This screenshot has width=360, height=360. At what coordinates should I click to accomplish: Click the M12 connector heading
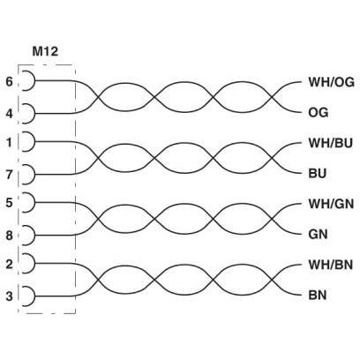(45, 51)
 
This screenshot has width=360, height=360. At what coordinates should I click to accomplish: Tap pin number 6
(10, 81)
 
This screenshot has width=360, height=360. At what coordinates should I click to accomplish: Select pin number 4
(10, 114)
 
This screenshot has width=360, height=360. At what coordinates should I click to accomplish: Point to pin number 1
(10, 142)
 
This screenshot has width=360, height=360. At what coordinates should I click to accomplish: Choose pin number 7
(10, 175)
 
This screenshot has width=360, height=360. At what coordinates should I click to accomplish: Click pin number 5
(10, 203)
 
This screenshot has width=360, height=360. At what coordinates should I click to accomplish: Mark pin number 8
(10, 236)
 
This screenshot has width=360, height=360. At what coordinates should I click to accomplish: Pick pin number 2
(10, 264)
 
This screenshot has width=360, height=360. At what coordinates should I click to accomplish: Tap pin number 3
(10, 296)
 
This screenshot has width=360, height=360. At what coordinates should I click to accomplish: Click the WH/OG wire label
(331, 82)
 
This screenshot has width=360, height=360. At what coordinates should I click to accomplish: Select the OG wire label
(318, 112)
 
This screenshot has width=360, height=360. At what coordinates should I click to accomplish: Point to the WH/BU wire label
(330, 143)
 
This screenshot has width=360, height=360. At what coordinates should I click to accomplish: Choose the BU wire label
(318, 174)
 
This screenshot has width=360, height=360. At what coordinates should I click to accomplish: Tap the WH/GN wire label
(331, 204)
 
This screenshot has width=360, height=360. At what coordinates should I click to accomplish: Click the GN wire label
(318, 235)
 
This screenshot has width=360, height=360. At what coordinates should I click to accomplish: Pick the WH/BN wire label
(330, 265)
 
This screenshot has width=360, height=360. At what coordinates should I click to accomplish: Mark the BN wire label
(318, 295)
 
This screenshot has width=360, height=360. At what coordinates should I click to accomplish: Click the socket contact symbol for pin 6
(34, 80)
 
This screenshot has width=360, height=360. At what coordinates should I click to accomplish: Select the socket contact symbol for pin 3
(34, 296)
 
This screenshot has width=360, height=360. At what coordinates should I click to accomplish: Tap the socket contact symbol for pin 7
(34, 175)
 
